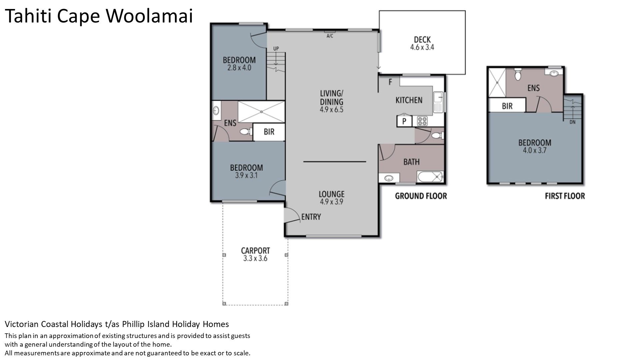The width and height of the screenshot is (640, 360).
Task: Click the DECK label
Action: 422,39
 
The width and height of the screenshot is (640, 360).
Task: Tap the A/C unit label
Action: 330,36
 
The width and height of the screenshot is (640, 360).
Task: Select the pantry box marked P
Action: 404,121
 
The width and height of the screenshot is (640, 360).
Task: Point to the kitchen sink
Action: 438,101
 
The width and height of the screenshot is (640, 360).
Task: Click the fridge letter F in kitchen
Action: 390,82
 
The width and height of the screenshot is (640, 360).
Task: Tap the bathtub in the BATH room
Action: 430,177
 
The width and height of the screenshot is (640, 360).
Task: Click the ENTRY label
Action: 311,217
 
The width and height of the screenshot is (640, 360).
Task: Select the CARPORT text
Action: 255,251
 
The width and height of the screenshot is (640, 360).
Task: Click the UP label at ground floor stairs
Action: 276,49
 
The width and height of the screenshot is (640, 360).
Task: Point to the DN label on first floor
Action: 572,122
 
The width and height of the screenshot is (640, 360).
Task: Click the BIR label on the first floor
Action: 507,106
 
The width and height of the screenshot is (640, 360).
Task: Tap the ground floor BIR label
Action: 269,132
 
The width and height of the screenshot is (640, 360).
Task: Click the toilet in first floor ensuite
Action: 518,75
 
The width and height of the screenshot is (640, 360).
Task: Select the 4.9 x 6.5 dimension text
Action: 331,109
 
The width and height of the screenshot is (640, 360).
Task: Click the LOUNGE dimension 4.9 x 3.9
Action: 331,201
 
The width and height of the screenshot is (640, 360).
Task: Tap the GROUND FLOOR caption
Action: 421,196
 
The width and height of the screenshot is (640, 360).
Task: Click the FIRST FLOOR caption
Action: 565,196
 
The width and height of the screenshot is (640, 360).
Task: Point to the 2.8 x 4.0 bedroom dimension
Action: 239,68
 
